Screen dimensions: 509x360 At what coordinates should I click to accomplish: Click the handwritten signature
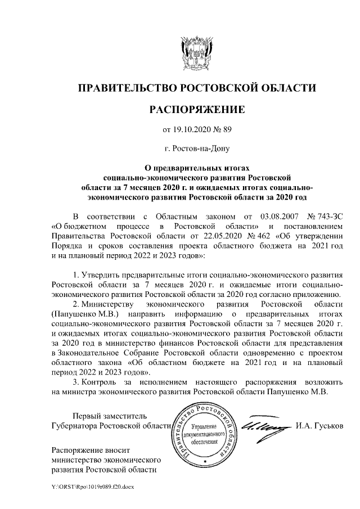point(266,424)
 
